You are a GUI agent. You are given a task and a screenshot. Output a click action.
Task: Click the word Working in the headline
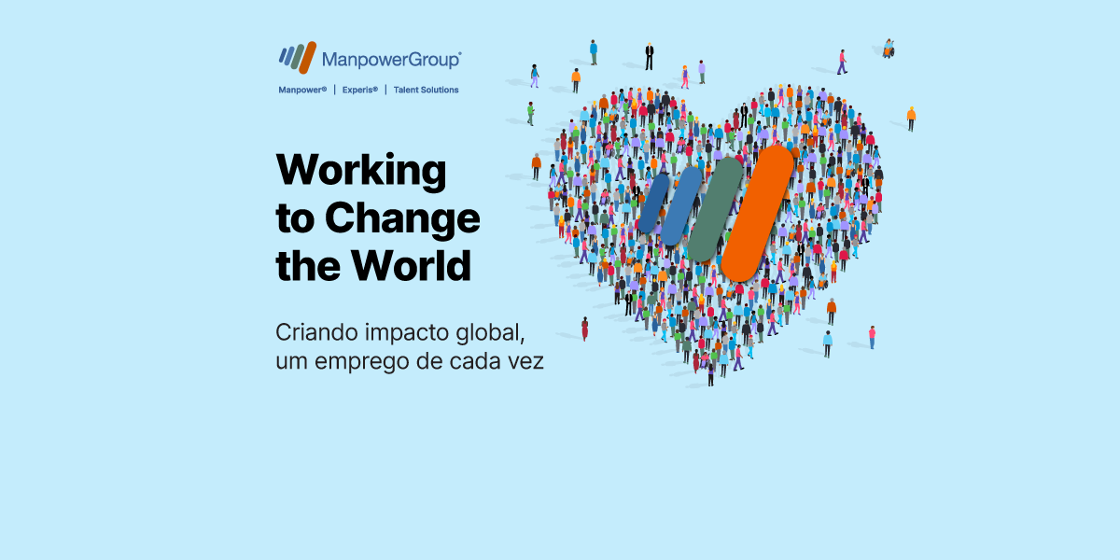[361, 172]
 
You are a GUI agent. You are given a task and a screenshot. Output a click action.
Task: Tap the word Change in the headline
[402, 219]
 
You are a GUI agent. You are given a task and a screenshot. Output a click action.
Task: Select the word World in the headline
[412, 266]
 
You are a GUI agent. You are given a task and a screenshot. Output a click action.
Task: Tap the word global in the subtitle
[480, 333]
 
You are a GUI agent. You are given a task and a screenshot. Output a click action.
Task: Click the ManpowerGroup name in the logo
[391, 60]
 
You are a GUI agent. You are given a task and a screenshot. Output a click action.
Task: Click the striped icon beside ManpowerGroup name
[298, 57]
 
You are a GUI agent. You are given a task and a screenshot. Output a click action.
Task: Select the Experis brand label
[359, 91]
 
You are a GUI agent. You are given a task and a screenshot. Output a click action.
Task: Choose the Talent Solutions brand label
[426, 91]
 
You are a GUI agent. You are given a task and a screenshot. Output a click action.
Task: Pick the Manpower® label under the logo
[302, 91]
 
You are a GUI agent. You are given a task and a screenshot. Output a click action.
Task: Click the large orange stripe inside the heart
[757, 213]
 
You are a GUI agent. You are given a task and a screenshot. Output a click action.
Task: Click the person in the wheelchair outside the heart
[889, 49]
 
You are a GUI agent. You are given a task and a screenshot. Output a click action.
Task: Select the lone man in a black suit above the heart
[650, 55]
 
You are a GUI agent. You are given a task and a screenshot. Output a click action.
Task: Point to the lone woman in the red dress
[585, 329]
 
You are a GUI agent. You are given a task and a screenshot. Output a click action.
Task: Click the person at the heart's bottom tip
[710, 374]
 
